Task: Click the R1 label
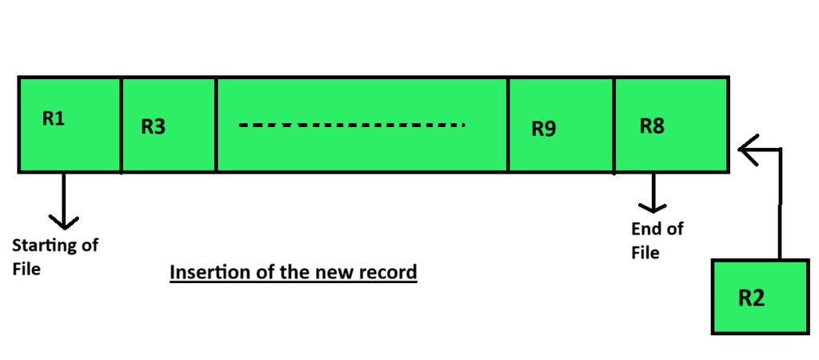click(x=54, y=118)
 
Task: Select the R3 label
click(x=153, y=126)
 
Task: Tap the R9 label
click(x=544, y=129)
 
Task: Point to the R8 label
click(x=653, y=126)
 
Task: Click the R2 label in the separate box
click(x=752, y=298)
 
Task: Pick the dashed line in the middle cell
click(x=352, y=125)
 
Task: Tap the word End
click(x=644, y=229)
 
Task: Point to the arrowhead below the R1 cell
click(x=64, y=222)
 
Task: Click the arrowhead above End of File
click(x=653, y=208)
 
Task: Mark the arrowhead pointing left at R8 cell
click(x=748, y=150)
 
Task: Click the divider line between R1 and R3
click(x=122, y=125)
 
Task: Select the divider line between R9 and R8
click(x=613, y=126)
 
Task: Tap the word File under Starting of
click(x=26, y=269)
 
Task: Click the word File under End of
click(x=645, y=252)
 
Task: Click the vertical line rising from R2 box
click(x=781, y=204)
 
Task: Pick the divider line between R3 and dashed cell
click(x=216, y=125)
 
